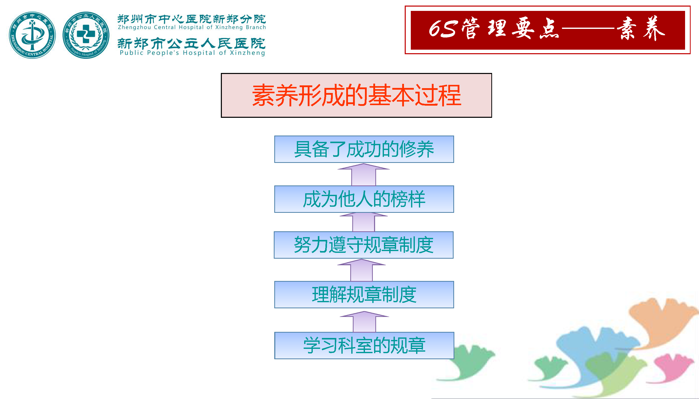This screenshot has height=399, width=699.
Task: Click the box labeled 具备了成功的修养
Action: [x=364, y=149]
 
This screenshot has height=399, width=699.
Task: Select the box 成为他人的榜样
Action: [x=364, y=199]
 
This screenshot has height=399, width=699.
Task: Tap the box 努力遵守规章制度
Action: [x=364, y=245]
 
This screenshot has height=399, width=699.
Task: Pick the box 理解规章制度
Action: [x=364, y=295]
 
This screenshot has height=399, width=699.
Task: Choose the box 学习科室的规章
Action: [x=364, y=346]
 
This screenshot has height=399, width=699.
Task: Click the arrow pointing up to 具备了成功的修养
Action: [x=363, y=175]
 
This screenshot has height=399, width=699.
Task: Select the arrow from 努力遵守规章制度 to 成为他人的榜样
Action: [x=363, y=222]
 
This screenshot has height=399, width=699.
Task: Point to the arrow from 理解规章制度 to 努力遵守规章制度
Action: [x=362, y=270]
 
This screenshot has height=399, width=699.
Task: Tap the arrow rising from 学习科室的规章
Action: [x=364, y=322]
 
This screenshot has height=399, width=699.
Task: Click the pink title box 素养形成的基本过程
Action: [x=356, y=95]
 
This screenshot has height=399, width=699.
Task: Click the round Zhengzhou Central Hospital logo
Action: [x=32, y=35]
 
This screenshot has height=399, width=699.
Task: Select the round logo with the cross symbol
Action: [x=86, y=35]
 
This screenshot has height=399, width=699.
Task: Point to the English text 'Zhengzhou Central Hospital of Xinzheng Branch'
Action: [x=192, y=27]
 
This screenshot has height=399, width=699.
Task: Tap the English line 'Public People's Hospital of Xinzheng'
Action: [x=192, y=53]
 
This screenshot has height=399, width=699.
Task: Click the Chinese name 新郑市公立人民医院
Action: [x=191, y=43]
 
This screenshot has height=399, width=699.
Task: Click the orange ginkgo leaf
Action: [x=663, y=323]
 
